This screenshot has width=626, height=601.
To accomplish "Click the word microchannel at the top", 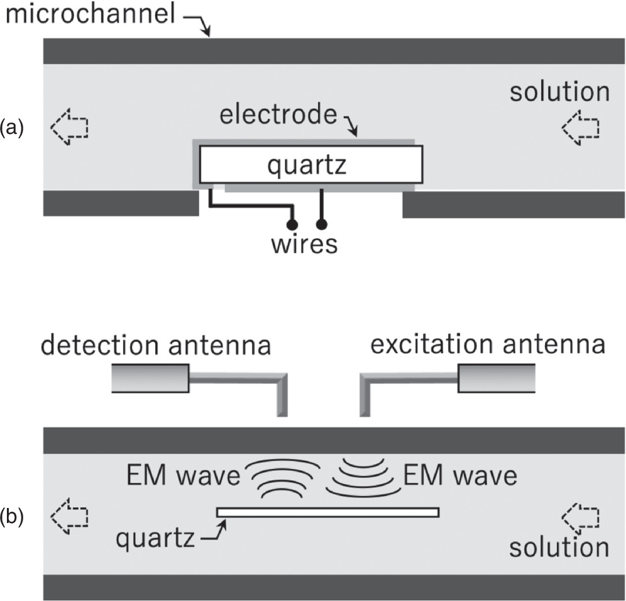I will pos(88,14).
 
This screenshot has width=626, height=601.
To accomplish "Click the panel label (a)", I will pos(13,128).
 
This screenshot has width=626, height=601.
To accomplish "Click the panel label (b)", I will pos(13,517).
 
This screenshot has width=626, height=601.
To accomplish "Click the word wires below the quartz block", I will pos(304,243).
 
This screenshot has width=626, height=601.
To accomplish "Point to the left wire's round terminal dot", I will pos(291,224).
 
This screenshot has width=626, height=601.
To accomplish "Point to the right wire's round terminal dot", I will pos(322,224).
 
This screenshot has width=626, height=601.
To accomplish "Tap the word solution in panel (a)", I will pos(559,92).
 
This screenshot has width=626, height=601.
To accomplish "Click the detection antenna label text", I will pos(156,345).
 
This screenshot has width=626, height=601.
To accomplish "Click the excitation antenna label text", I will pos(488,345).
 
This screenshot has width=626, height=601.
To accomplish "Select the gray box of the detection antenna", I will pos(150,379).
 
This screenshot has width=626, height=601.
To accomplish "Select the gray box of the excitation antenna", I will pos(497,378).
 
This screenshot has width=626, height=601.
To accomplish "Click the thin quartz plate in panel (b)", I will pos(327,512).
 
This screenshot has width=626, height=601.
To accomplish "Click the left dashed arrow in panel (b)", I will pos(69,517).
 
